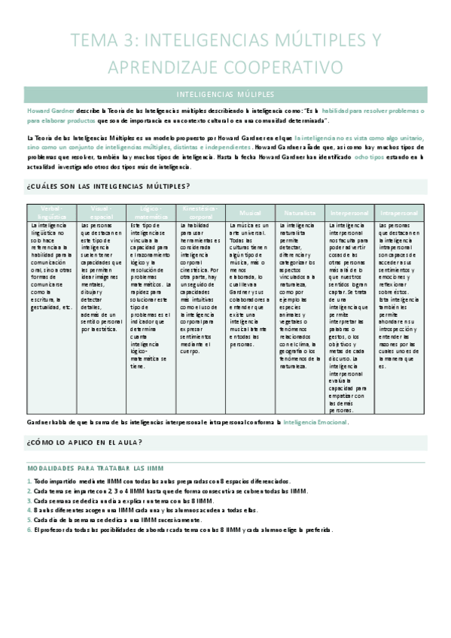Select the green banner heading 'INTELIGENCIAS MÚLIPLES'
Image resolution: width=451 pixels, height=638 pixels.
pyautogui.click(x=225, y=95)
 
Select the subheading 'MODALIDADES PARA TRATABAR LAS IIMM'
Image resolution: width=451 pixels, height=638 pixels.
pyautogui.click(x=95, y=467)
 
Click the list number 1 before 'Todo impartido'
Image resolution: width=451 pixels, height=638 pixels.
pyautogui.click(x=29, y=481)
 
